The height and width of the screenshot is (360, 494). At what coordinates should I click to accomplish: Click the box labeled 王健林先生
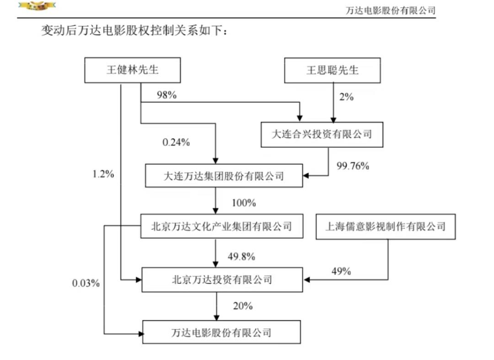click(132, 70)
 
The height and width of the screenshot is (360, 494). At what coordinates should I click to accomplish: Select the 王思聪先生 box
click(333, 70)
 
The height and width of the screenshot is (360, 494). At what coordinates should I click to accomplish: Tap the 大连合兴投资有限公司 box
click(322, 134)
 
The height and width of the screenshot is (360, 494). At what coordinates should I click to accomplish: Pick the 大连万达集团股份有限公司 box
click(224, 176)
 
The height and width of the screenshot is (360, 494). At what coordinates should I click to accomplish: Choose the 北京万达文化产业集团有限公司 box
click(222, 226)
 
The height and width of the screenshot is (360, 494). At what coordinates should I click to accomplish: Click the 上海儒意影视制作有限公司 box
click(386, 226)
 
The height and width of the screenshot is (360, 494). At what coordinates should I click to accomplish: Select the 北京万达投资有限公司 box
click(222, 279)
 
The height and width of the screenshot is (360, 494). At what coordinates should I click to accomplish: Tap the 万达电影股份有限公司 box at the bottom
click(221, 332)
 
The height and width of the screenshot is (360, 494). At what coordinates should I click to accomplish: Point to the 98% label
click(166, 95)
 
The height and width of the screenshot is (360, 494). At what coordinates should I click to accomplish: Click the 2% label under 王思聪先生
click(346, 97)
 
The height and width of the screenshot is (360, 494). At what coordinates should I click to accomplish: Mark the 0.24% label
click(176, 142)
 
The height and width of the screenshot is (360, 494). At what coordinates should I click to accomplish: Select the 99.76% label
click(353, 166)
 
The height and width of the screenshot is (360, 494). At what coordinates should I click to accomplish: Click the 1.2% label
click(103, 174)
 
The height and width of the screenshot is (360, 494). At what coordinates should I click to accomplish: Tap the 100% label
click(243, 203)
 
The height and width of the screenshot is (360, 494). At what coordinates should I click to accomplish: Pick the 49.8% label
click(242, 256)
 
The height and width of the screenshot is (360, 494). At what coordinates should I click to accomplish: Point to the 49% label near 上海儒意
click(341, 271)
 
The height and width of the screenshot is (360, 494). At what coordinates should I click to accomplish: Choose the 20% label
click(242, 306)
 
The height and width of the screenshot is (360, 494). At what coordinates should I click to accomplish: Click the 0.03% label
click(86, 283)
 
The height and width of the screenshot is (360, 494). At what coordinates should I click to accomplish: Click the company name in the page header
click(390, 11)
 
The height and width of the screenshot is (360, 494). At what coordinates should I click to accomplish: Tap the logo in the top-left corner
click(37, 5)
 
